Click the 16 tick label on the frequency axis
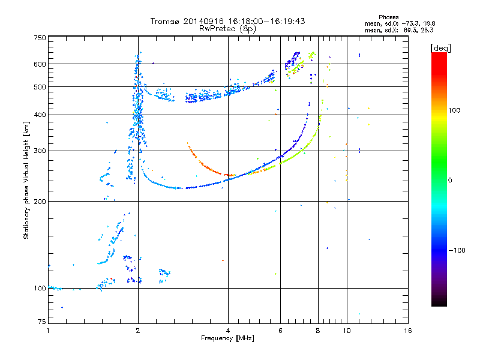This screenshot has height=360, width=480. click(x=407, y=331)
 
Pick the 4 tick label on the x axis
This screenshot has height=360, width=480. click(x=228, y=331)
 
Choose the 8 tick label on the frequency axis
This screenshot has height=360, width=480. click(x=318, y=331)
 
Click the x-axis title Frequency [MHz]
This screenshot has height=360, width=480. click(x=227, y=338)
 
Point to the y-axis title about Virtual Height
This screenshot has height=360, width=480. click(x=26, y=180)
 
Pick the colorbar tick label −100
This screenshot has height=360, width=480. click(x=456, y=250)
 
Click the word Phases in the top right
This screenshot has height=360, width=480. click(x=389, y=17)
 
